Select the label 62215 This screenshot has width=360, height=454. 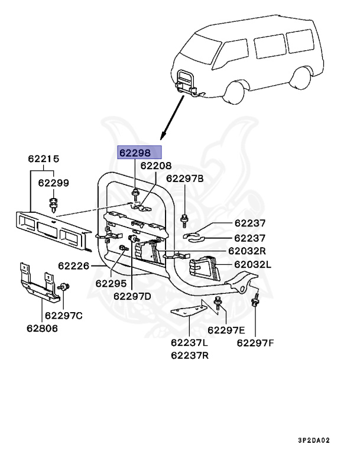43,159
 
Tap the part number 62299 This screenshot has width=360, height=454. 54,183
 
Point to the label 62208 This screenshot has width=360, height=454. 155,166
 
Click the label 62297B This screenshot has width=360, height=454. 184,178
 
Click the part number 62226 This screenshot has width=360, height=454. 74,266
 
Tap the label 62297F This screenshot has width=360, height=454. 256,342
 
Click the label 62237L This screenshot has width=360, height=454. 190,342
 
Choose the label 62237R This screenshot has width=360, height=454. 190,355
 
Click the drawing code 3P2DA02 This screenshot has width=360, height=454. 330,440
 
